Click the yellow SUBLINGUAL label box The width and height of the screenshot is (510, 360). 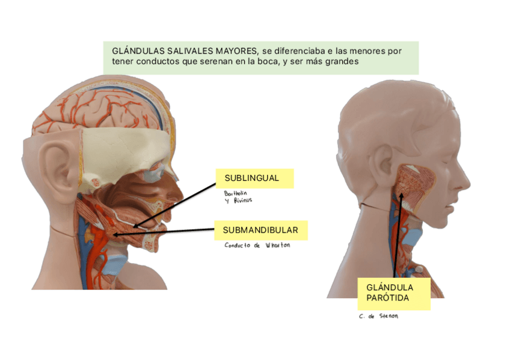pos(254,178)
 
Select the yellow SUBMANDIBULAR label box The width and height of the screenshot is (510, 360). pos(260,230)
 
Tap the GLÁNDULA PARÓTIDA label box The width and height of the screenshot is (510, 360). pos(393,293)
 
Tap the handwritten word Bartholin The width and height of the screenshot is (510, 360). pos(235,194)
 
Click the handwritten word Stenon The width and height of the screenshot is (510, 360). pos(388,317)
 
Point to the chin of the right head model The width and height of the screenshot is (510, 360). pos(448,222)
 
